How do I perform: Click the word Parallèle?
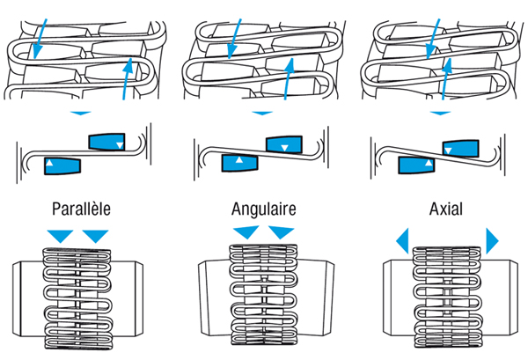point(80,210)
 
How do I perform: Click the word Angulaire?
point(264,210)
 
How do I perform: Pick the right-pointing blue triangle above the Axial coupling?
point(492,239)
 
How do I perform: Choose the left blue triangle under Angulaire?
point(246,231)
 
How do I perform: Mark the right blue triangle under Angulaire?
point(281,232)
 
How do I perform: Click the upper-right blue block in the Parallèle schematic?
point(107,141)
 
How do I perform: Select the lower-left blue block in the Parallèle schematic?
point(63,165)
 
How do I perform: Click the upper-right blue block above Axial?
point(460,147)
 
